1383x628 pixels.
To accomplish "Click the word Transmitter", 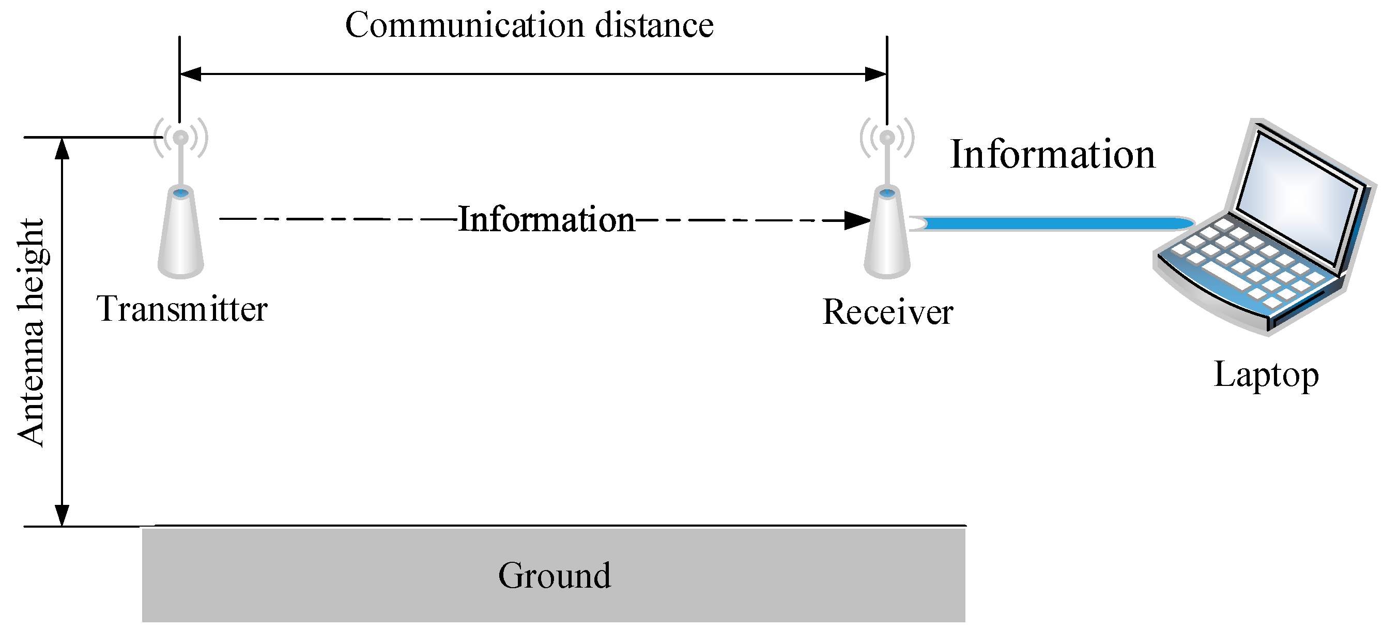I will point(181,309).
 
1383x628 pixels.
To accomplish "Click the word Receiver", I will point(887,312).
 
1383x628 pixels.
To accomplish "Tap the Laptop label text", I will point(1266,375).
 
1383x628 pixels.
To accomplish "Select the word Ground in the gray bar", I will point(554,575).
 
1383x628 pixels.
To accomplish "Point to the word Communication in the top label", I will point(465,25).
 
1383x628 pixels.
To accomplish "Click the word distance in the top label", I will point(654,25).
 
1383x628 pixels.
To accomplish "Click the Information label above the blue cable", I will point(1052,155).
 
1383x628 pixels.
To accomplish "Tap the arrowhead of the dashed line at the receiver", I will point(857,220).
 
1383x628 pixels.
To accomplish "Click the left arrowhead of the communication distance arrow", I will point(190,74).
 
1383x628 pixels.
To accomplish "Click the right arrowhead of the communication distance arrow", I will point(875,74).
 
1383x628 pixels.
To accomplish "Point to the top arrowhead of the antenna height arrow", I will point(63,149).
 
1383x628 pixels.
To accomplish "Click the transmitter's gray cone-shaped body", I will point(181,236).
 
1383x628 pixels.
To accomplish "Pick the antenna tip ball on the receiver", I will point(887,138).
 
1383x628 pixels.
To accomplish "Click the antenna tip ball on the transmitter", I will point(181,138).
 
